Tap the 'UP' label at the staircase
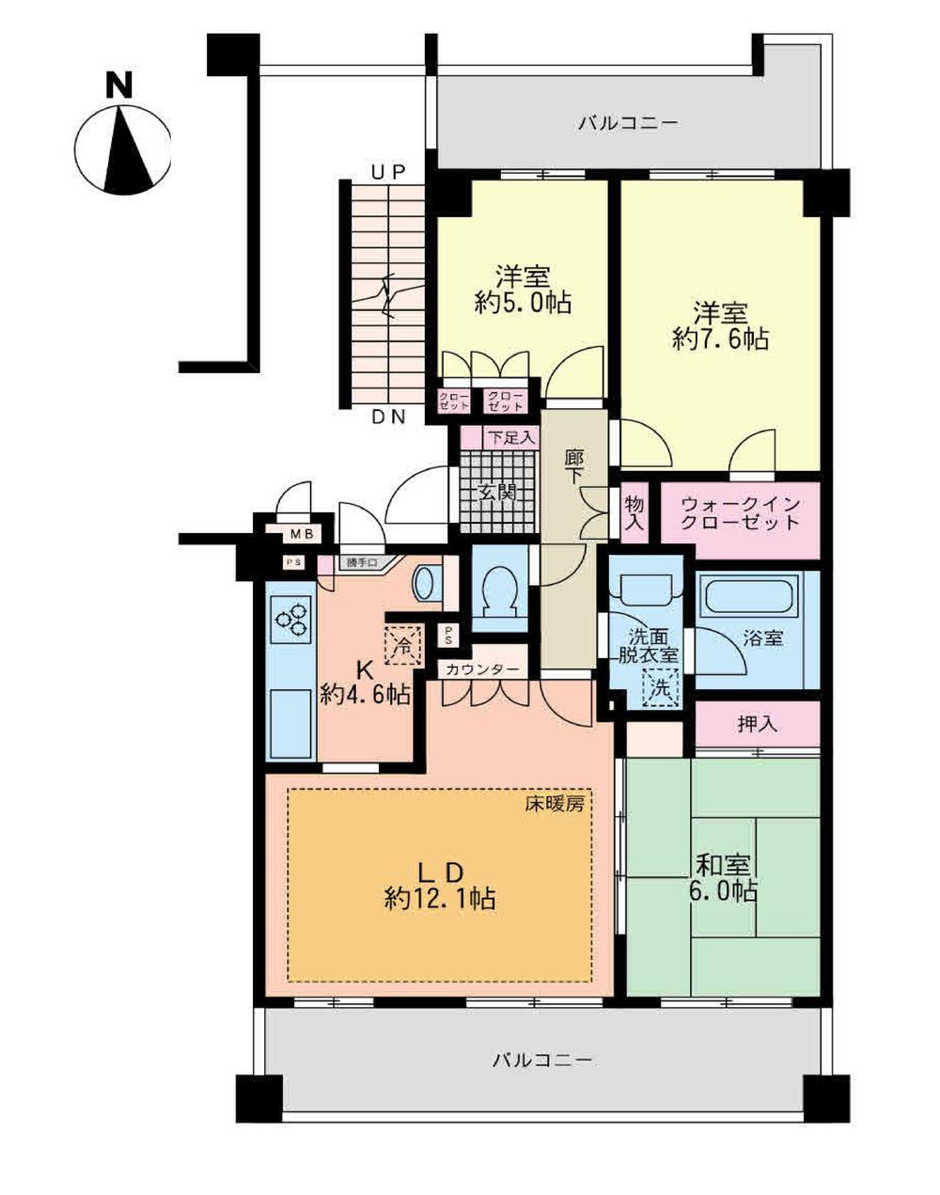click(x=387, y=171)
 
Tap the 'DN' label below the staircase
click(x=387, y=418)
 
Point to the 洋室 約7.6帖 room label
click(x=720, y=324)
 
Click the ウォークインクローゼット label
click(x=741, y=513)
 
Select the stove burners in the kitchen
click(x=290, y=617)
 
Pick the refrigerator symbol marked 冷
click(x=402, y=646)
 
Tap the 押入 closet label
click(x=757, y=724)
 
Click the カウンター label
click(x=483, y=669)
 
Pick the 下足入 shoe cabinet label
click(x=510, y=437)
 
